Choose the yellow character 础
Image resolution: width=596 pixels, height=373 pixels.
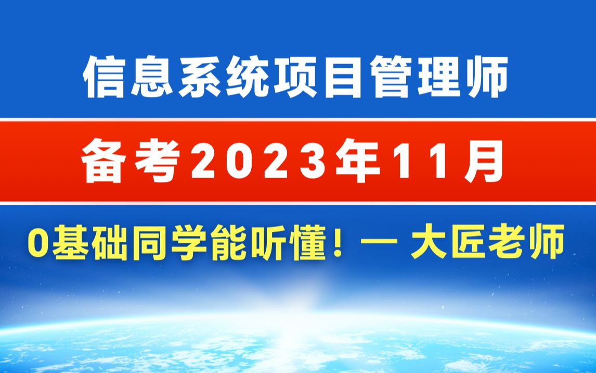109,242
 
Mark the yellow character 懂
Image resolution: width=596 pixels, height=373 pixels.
308,242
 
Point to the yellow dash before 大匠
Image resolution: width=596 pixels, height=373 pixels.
379,242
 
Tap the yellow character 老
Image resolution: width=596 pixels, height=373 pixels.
507,242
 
